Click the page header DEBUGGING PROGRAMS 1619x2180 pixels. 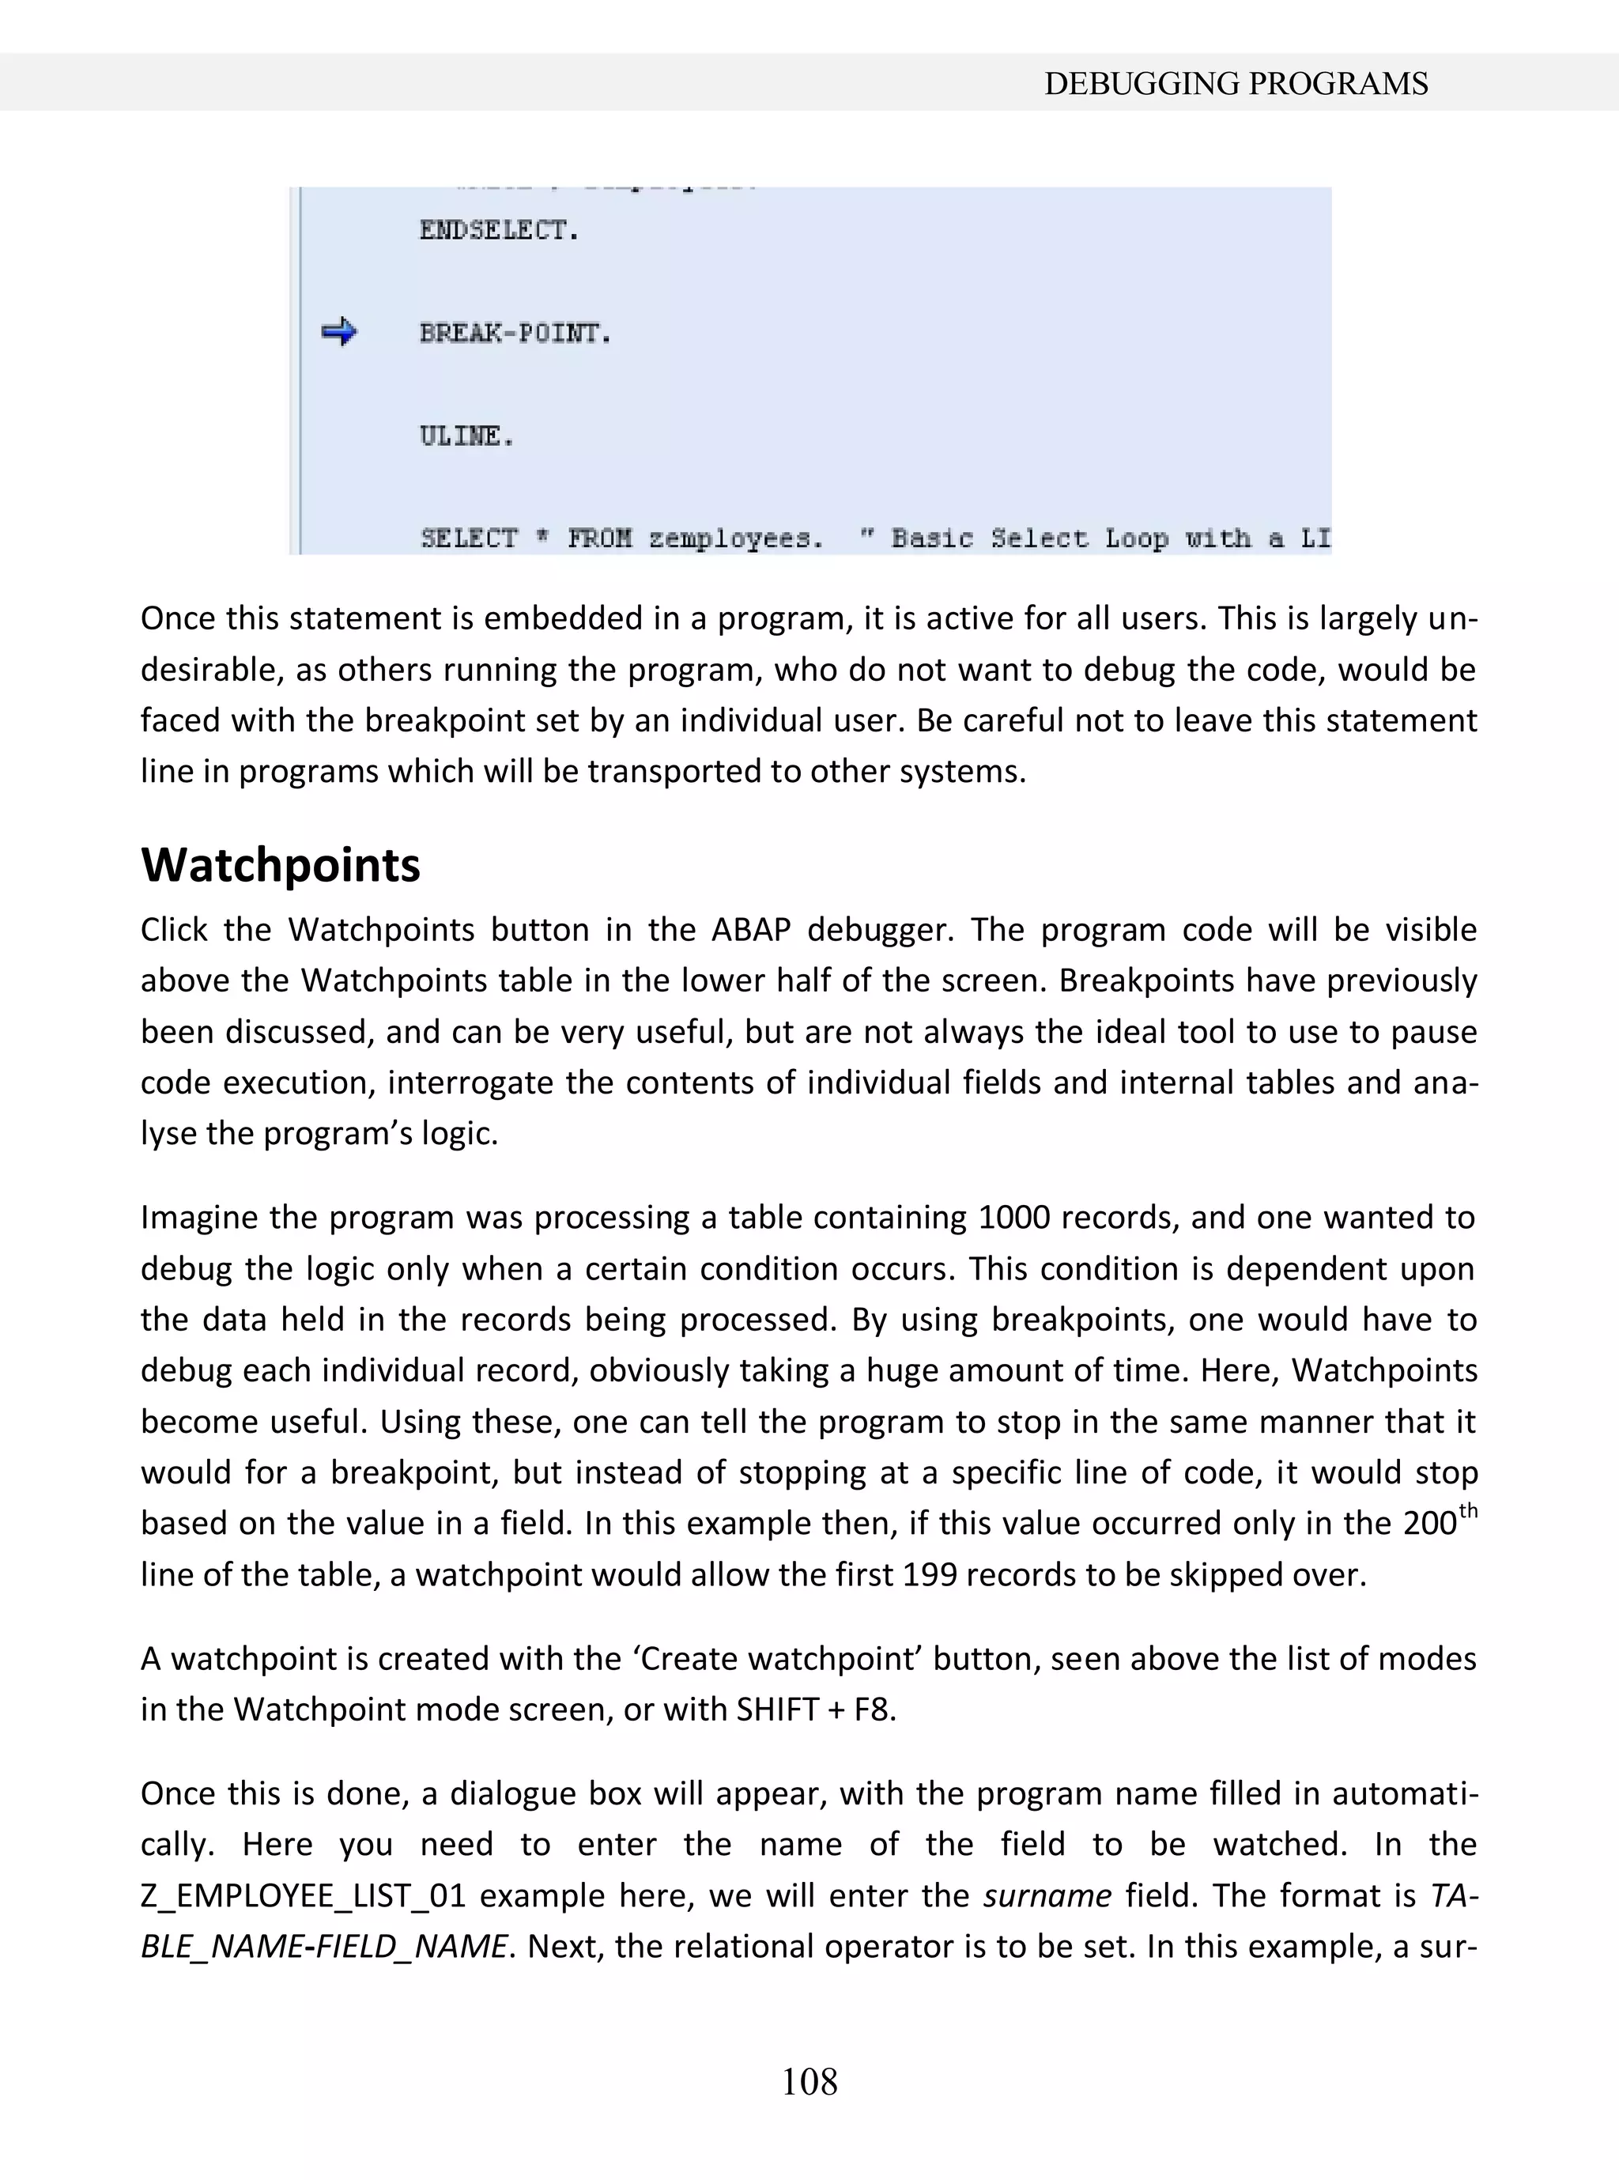[1235, 85]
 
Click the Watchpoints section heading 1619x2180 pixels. [281, 864]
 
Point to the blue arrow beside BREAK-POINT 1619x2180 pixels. [339, 332]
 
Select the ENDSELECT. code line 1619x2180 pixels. [499, 230]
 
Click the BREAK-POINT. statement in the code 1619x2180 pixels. [515, 333]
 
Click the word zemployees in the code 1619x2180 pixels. [734, 538]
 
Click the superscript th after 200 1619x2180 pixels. [1467, 1510]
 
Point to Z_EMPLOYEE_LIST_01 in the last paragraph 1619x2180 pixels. [302, 1895]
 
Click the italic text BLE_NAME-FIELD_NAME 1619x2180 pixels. [324, 1946]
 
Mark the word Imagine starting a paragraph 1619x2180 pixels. [199, 1218]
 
